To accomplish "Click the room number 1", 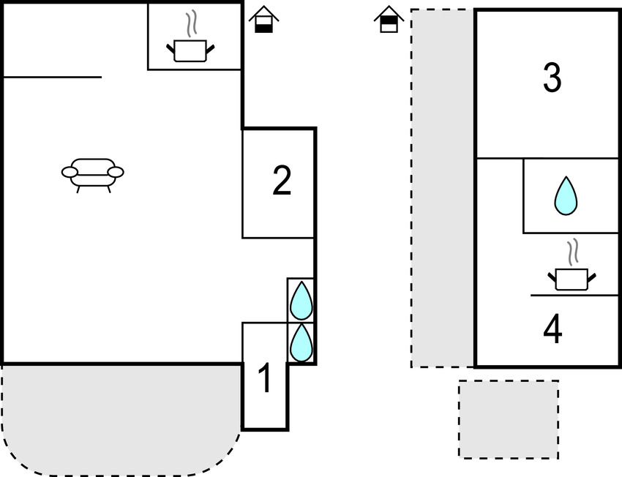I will pos(265,378).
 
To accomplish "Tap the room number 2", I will pos(282,181).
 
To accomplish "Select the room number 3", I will pos(552,78).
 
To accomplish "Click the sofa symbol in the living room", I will pos(92,173).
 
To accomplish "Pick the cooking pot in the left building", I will pos(191,50).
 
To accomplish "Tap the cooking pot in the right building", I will pos(572,279).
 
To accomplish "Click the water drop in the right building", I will pos(565,196).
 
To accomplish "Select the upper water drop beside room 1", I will pos(301,300).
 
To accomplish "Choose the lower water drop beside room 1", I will pos(301,342).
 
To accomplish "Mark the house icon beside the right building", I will pos(389,20).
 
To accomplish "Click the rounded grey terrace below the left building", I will pos(117,417).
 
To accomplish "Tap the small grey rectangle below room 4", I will pos(508,418).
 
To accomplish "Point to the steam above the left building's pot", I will pos(192,24).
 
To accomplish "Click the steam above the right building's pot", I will pos(574,252).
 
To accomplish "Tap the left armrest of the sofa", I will pos(70,172).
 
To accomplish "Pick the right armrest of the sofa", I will pos(116,172).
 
